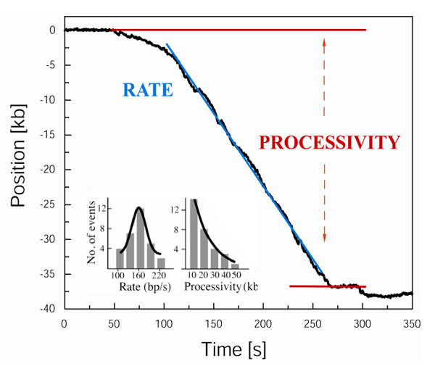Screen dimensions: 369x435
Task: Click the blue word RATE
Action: [148, 90]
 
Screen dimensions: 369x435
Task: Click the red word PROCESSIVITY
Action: [329, 142]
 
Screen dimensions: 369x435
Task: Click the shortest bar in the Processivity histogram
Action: [235, 266]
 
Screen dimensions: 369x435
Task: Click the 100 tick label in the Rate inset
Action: [117, 275]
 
